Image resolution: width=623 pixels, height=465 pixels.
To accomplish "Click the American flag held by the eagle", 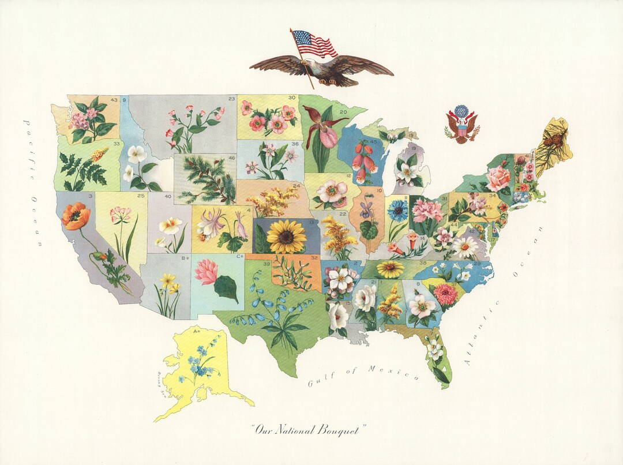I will (x=314, y=44).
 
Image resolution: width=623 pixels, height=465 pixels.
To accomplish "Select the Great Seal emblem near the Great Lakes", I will (x=461, y=124).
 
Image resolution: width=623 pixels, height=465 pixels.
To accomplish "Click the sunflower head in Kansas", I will (x=287, y=235).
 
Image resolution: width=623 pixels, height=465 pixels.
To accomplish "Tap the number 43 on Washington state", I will (x=114, y=100).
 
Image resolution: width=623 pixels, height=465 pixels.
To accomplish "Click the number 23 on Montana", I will (x=231, y=99).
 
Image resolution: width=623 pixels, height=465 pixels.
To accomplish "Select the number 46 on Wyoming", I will (x=231, y=157).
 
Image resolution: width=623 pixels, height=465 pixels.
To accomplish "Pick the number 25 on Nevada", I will (x=141, y=196).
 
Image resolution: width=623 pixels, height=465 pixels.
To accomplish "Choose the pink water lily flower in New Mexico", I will (x=207, y=271).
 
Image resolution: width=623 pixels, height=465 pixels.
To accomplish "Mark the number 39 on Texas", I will (x=267, y=264).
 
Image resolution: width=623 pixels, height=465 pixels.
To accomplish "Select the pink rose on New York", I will (x=498, y=179).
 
